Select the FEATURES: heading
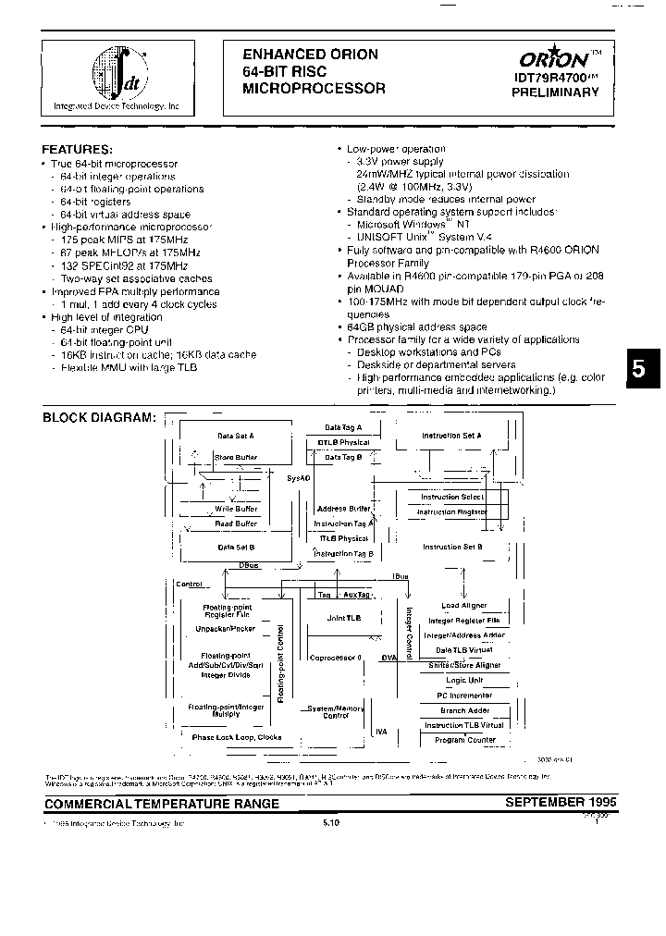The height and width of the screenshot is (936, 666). click(78, 149)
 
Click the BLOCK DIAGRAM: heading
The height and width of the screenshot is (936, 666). click(99, 417)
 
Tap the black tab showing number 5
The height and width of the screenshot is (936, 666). click(640, 368)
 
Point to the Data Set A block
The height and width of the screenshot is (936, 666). click(236, 435)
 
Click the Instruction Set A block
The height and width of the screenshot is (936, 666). click(451, 435)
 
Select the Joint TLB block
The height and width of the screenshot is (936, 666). click(343, 618)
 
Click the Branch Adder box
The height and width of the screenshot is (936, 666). click(464, 710)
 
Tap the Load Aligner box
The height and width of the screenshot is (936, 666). click(463, 606)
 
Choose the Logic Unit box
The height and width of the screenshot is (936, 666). click(463, 680)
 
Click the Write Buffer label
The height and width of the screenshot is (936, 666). click(236, 509)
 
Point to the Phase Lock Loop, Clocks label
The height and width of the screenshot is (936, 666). click(236, 737)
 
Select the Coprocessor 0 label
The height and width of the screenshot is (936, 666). click(337, 658)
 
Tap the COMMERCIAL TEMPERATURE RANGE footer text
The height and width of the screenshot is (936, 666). click(162, 804)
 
